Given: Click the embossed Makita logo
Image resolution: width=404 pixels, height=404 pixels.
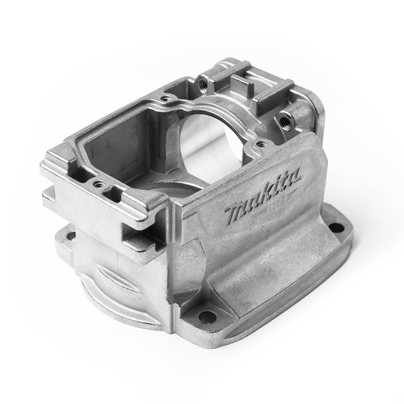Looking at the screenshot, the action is click(263, 196).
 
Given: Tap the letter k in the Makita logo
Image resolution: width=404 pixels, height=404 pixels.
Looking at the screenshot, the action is click(270, 191).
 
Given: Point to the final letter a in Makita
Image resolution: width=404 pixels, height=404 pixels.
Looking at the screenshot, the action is click(294, 176).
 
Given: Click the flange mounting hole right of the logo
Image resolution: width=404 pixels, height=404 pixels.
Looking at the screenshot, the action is click(336, 228).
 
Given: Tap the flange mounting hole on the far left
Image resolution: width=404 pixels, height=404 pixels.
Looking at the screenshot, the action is click(70, 237).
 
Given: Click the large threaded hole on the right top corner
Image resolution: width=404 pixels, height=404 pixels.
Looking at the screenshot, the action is click(284, 120).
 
